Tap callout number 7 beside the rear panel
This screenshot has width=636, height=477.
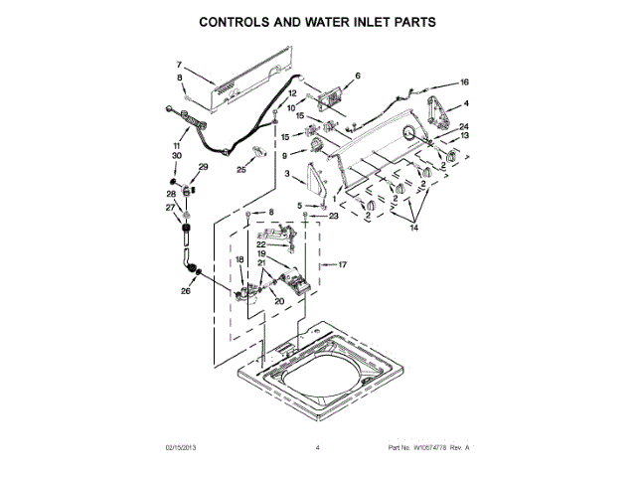[x=180, y=64]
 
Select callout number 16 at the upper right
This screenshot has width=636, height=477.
[x=463, y=82]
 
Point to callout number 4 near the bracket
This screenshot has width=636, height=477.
[x=466, y=104]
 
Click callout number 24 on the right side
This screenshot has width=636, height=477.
[x=463, y=126]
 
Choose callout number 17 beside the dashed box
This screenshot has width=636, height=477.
[x=343, y=265]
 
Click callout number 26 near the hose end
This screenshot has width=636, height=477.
[x=185, y=291]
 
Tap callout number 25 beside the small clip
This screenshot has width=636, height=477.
[x=241, y=170]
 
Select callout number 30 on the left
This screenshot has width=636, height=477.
[x=176, y=156]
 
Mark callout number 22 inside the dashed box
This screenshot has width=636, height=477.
[x=261, y=243]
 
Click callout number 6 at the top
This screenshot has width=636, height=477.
[x=358, y=76]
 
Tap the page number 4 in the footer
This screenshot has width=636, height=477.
[x=317, y=448]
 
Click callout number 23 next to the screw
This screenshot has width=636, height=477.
[x=334, y=216]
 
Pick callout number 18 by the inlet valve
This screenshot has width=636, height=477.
[x=238, y=259]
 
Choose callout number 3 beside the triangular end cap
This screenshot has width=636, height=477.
[x=287, y=174]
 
